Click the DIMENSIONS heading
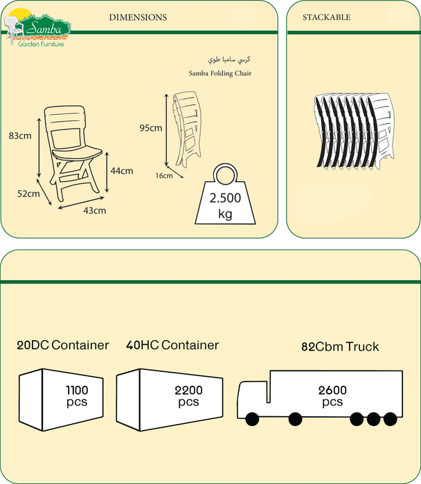pyautogui.click(x=138, y=17)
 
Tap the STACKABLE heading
pyautogui.click(x=326, y=17)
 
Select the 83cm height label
pyautogui.click(x=20, y=136)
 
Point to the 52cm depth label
pyautogui.click(x=28, y=194)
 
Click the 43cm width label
pyautogui.click(x=95, y=210)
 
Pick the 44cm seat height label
pyautogui.click(x=122, y=170)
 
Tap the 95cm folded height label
pyautogui.click(x=150, y=128)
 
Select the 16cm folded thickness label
pyautogui.click(x=163, y=176)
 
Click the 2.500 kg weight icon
pyautogui.click(x=224, y=197)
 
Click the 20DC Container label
pyautogui.click(x=63, y=345)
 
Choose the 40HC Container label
pyautogui.click(x=172, y=345)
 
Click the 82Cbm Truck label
pyautogui.click(x=340, y=346)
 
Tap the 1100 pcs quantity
pyautogui.click(x=77, y=396)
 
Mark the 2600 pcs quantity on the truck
pyautogui.click(x=332, y=396)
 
